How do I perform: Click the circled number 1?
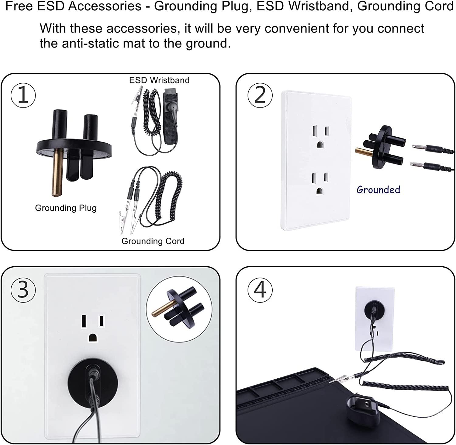(x=23, y=95)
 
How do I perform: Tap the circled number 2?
(x=260, y=95)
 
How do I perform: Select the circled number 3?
(x=23, y=289)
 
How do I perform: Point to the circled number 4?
(x=260, y=289)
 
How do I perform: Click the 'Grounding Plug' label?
(x=66, y=208)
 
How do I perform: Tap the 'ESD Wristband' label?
(x=159, y=80)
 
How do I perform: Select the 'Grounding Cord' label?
(x=153, y=241)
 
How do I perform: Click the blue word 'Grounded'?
(x=378, y=190)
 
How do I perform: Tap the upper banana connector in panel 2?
(x=430, y=148)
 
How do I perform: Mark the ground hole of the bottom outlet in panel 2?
(x=319, y=191)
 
